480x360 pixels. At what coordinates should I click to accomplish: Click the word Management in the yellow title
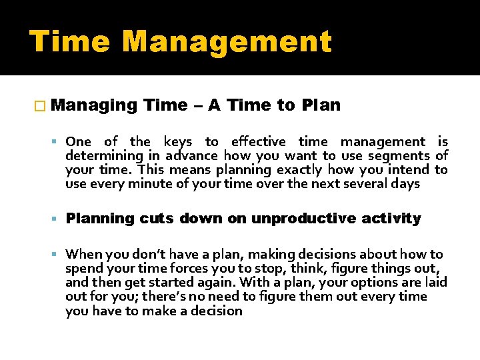[227, 41]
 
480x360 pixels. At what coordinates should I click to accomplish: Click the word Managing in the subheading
[93, 105]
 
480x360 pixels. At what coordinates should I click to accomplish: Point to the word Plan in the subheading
[321, 105]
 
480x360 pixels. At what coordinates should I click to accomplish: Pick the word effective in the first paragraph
[258, 141]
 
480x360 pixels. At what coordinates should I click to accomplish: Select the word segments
[395, 155]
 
